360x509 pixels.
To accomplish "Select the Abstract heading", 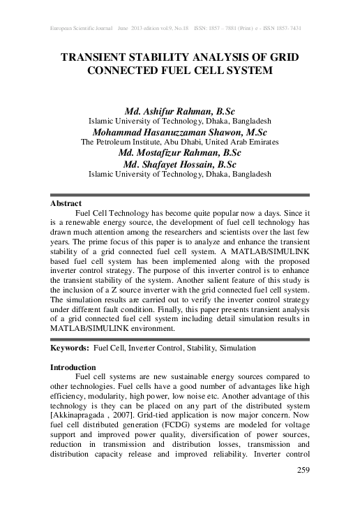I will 67,203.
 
